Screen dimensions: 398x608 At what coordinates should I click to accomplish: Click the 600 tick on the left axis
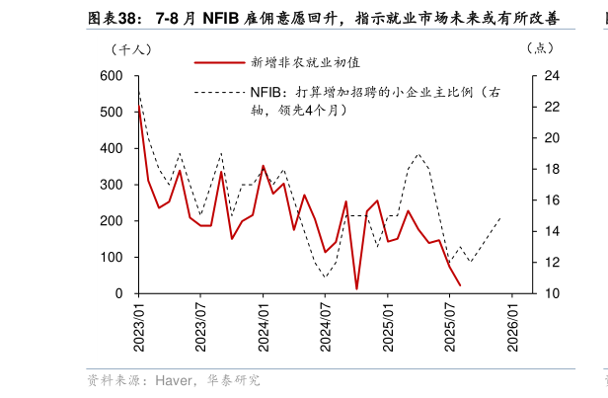coord(112,76)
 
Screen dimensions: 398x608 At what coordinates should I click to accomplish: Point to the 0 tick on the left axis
coord(119,293)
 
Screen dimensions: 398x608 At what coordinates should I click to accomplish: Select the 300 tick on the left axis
coord(112,185)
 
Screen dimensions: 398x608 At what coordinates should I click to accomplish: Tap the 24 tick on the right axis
coord(552,76)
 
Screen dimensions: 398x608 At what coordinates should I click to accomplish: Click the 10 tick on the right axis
coord(552,293)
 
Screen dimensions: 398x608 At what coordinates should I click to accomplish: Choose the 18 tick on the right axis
coord(552,169)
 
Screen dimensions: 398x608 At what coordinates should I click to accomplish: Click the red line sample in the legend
coord(218,62)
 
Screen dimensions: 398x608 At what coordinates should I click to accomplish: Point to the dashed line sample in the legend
coord(218,94)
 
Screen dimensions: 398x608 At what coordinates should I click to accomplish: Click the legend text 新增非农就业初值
coord(292,62)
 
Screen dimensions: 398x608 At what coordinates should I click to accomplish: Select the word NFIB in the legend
coord(264,94)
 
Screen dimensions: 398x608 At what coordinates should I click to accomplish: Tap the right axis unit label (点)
coord(541,47)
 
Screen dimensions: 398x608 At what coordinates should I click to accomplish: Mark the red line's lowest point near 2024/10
coord(356,288)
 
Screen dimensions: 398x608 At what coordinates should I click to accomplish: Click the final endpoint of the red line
coord(459,285)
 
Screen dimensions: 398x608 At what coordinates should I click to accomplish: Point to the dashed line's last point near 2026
coord(501,217)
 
